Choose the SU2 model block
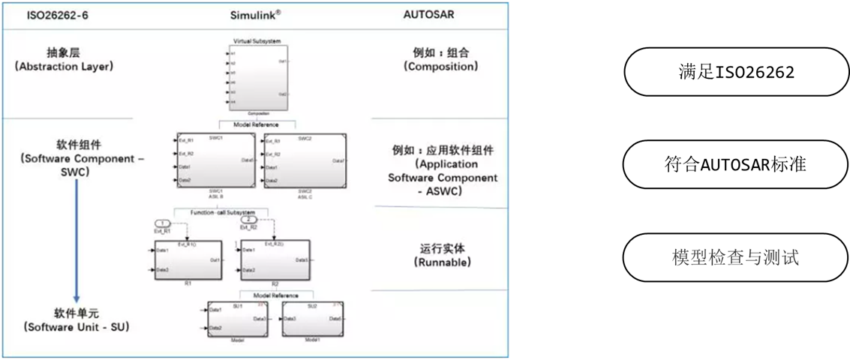314,319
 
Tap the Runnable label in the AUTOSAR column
441,256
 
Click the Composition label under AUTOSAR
441,60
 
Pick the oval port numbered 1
163,223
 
